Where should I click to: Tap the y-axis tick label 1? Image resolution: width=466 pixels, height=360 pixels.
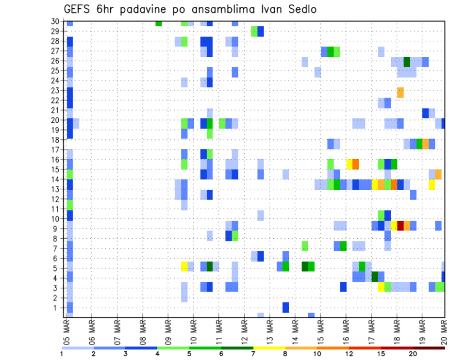57,308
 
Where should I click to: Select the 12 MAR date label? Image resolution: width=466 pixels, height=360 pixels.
244,330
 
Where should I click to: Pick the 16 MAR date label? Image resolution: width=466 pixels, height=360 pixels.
346,330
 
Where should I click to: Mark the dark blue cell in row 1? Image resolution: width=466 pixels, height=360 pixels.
286,308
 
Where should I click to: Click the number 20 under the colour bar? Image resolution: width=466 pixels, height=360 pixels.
413,353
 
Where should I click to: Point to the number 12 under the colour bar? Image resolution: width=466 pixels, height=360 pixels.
349,353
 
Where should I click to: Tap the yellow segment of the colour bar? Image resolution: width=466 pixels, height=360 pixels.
269,348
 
